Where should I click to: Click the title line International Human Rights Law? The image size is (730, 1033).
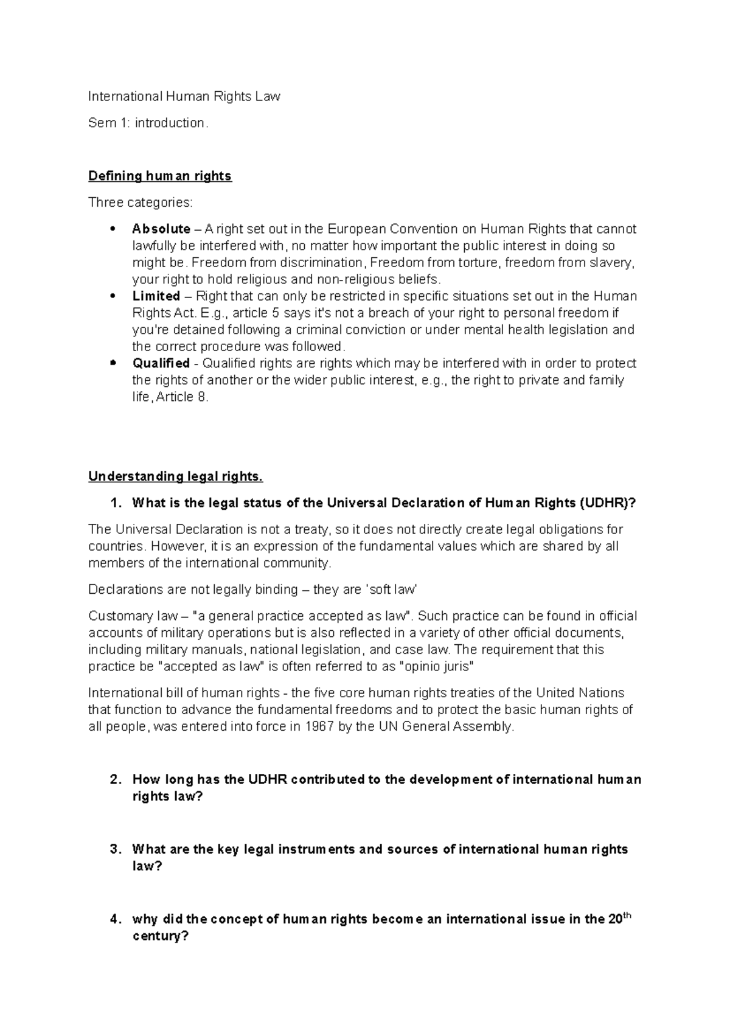click(x=184, y=96)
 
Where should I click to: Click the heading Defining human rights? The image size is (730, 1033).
click(x=160, y=176)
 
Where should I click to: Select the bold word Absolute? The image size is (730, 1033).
click(x=161, y=229)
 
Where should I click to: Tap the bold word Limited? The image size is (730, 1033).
click(x=156, y=296)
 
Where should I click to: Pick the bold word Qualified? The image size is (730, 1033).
click(x=161, y=363)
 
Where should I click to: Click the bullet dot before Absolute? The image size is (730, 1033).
click(x=111, y=229)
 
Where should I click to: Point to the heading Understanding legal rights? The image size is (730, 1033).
click(x=175, y=476)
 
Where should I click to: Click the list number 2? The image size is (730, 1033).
click(x=115, y=780)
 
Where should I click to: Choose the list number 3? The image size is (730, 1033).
click(x=115, y=849)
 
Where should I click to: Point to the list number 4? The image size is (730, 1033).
click(x=115, y=919)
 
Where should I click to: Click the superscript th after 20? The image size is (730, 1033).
click(x=629, y=914)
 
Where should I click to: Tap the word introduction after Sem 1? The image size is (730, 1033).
click(x=169, y=123)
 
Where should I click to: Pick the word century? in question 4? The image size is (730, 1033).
click(x=160, y=936)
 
